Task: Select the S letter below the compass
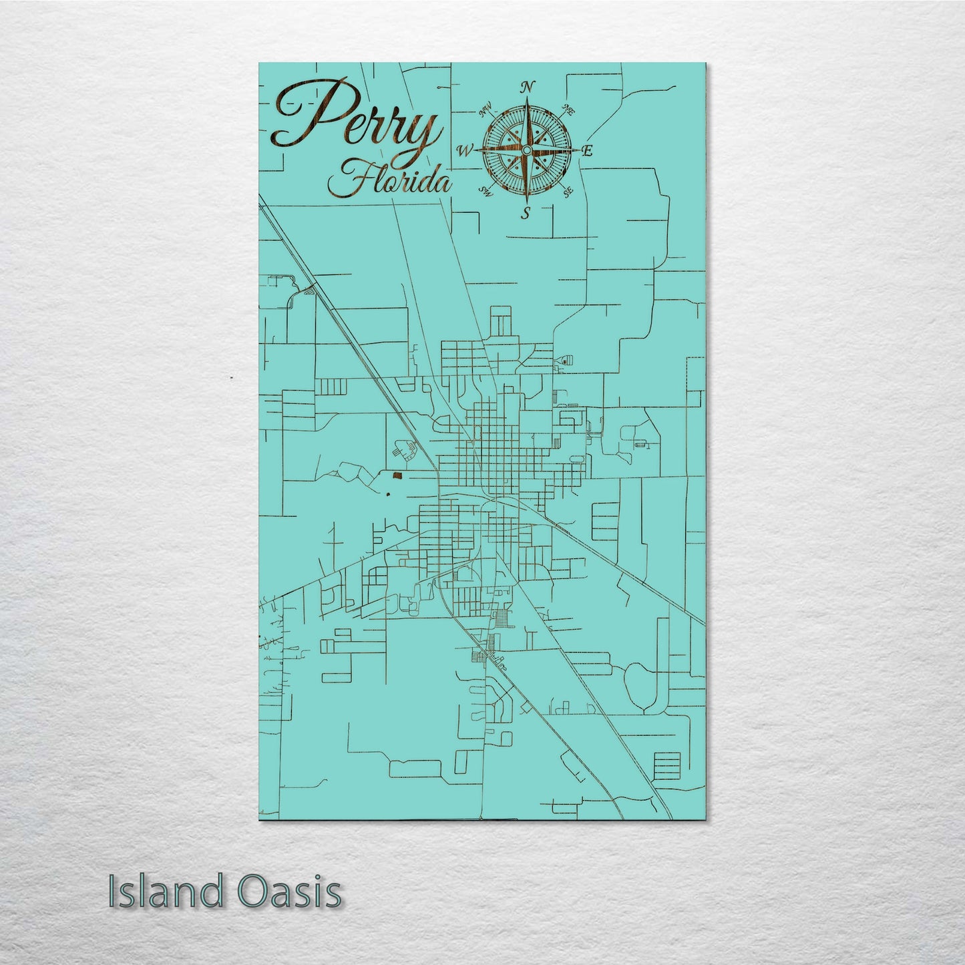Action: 526,213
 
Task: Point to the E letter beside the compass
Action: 588,151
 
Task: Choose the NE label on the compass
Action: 570,109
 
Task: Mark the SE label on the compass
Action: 568,192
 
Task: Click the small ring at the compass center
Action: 527,150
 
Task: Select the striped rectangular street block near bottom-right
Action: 666,763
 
